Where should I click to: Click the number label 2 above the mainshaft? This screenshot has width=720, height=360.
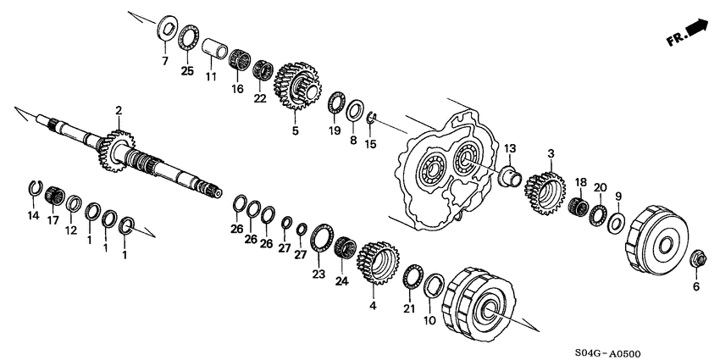click(x=119, y=110)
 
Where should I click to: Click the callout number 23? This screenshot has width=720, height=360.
click(x=318, y=274)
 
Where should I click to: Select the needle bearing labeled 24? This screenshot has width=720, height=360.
click(x=343, y=247)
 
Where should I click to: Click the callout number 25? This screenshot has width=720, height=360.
click(x=188, y=71)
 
